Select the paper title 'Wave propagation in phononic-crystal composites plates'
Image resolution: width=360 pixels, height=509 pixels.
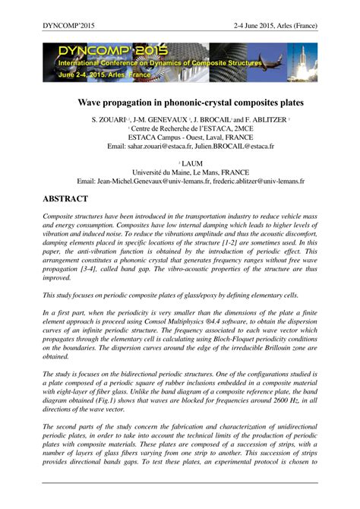point(179,101)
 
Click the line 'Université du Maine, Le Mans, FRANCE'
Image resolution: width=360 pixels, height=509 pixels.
point(180,172)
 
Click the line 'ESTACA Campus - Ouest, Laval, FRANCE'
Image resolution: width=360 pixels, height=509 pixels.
point(180,137)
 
